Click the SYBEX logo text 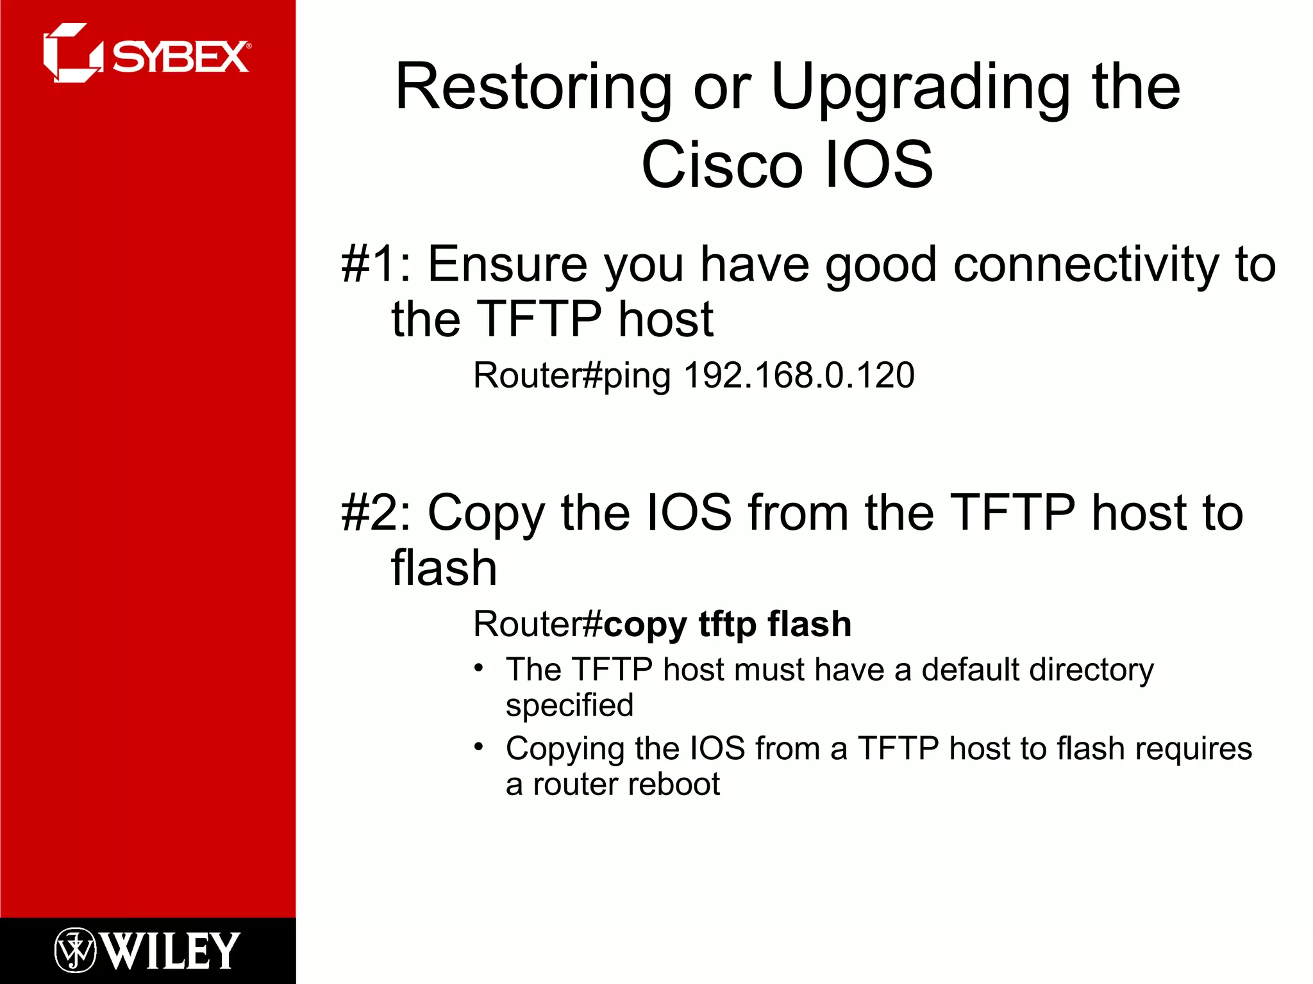click(181, 57)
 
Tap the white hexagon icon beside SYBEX click(71, 53)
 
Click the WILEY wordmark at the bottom click(171, 951)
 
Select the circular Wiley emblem click(75, 951)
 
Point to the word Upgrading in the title click(921, 88)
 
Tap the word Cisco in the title click(722, 165)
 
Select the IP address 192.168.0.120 click(799, 375)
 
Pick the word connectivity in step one click(1085, 264)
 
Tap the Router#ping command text click(571, 375)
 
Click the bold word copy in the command click(645, 625)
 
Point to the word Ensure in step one click(507, 264)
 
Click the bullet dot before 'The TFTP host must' click(478, 668)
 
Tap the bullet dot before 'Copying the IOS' click(478, 747)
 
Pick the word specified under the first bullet click(569, 705)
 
